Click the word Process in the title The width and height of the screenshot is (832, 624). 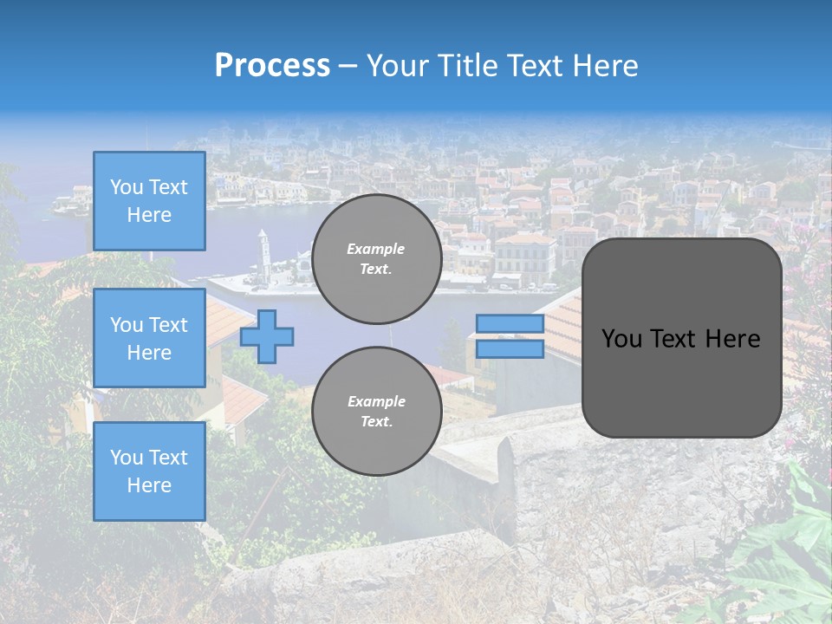point(272,66)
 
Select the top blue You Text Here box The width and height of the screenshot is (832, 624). point(149,201)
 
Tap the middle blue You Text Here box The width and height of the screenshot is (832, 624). point(149,338)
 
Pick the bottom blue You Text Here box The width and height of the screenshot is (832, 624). point(149,471)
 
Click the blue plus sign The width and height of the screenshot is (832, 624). point(267,336)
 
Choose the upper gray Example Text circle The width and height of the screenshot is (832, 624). point(376,259)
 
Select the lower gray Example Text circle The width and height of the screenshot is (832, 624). point(376,411)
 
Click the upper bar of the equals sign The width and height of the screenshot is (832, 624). point(510,324)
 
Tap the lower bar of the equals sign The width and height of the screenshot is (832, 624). point(510,349)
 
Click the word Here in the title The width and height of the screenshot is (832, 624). point(603,66)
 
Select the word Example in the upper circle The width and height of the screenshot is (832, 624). point(375,249)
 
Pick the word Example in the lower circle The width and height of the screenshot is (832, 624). point(376,401)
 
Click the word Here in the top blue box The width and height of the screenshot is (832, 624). point(149,215)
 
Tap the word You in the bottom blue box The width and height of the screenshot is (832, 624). point(127,457)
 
